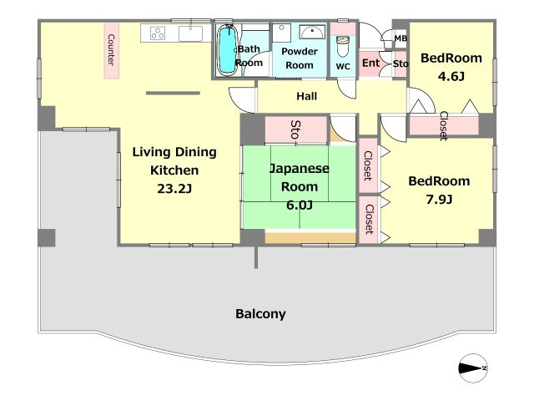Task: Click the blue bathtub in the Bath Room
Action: coord(227,50)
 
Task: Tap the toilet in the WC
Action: coord(343,46)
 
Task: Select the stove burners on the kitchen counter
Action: coord(158,33)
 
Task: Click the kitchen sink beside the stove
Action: coord(191,33)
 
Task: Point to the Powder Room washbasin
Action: coord(312,33)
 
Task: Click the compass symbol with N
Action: coord(473,368)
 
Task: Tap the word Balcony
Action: coord(260,314)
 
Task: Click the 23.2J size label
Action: coord(174,189)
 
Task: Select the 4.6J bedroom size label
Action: coord(451,76)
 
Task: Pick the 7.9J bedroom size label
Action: coord(440,200)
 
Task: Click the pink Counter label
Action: coord(111,50)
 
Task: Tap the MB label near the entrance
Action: coord(400,38)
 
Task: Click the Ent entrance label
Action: coord(370,63)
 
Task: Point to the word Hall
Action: coord(306,97)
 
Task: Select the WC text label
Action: coord(343,67)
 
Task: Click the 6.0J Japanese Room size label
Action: coord(300,206)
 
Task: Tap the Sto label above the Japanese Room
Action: coord(295,129)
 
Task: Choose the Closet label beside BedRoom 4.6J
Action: coord(443,126)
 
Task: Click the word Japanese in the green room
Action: coord(300,169)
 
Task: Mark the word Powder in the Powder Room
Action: coord(300,52)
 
